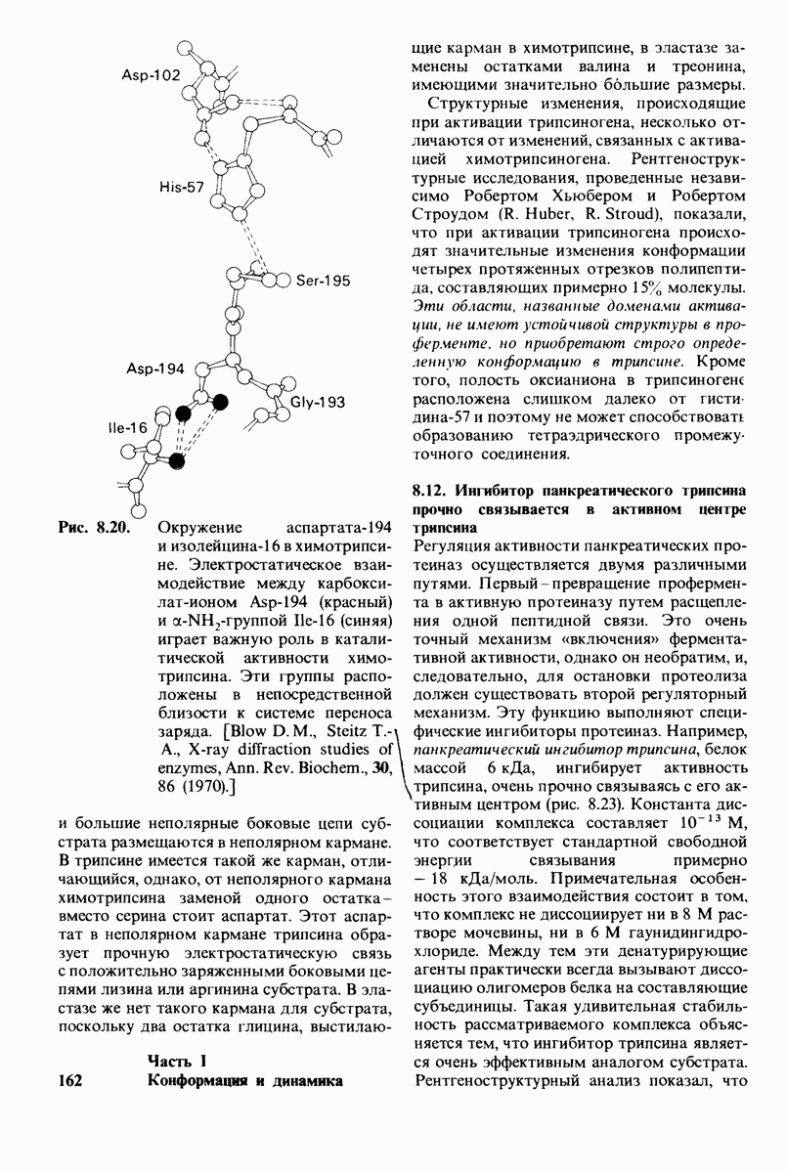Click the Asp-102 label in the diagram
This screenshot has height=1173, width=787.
point(152,75)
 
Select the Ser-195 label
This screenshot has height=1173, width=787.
point(323,281)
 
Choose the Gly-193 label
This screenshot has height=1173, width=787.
point(320,402)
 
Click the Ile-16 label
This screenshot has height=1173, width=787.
point(128,428)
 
